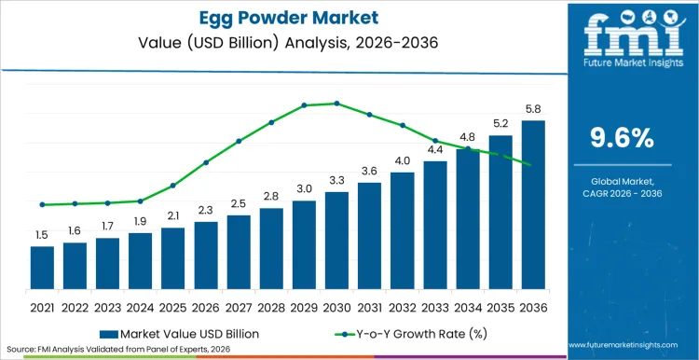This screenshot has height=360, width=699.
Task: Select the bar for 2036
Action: pos(533,204)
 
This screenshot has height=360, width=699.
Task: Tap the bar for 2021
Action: pos(42,267)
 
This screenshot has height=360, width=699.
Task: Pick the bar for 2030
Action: pos(336,240)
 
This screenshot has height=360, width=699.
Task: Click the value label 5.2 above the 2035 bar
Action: pos(500,123)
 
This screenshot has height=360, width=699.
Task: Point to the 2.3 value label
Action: pos(206,210)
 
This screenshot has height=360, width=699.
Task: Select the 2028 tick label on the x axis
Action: pos(271,307)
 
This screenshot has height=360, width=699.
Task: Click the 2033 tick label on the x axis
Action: pos(435,307)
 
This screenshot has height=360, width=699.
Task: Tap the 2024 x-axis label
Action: pos(140,307)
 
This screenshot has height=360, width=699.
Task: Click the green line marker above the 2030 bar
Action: pos(336,104)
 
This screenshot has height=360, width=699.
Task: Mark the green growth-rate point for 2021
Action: pos(42,204)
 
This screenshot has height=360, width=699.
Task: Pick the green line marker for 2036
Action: pos(533,166)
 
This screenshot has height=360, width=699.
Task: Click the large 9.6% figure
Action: pos(623,138)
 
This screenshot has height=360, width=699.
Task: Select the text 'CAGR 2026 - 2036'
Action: pos(623,193)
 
